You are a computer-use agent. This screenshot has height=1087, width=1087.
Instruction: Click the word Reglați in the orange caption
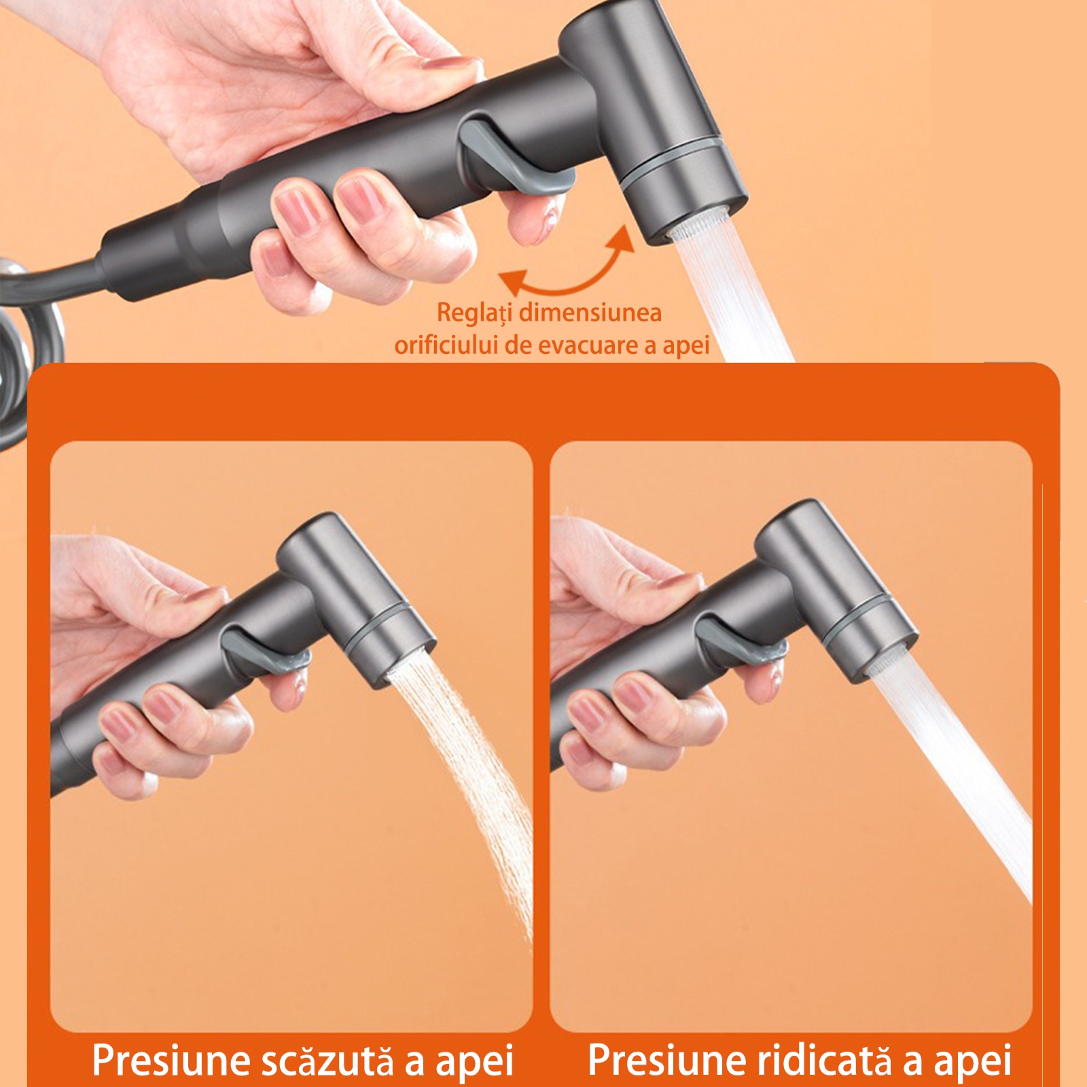pyautogui.click(x=474, y=313)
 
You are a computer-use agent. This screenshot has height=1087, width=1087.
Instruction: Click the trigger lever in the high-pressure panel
pyautogui.click(x=741, y=642)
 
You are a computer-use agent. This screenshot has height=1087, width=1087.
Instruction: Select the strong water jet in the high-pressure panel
pyautogui.click(x=951, y=768)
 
